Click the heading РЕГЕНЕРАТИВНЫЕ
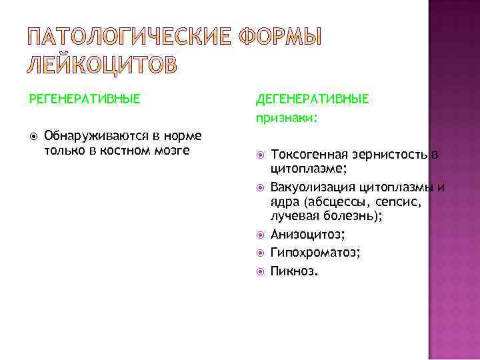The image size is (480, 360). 85,99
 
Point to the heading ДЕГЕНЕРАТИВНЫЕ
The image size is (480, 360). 312,99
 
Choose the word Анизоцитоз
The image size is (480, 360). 307,235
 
